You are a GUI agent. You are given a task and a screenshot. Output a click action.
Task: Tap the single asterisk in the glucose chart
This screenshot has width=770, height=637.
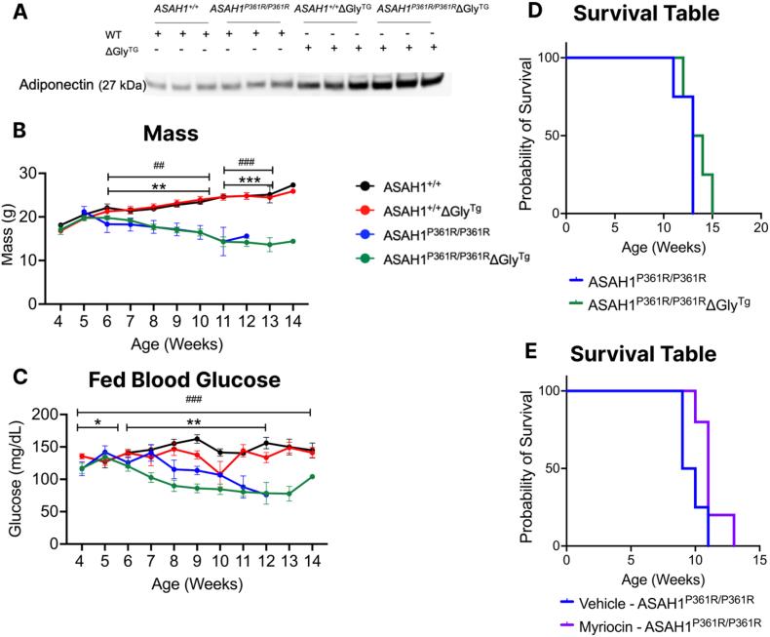[98, 423]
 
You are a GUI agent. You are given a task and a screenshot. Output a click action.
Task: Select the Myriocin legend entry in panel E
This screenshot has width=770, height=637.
[665, 622]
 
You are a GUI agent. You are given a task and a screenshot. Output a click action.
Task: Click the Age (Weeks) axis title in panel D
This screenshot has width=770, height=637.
[663, 249]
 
